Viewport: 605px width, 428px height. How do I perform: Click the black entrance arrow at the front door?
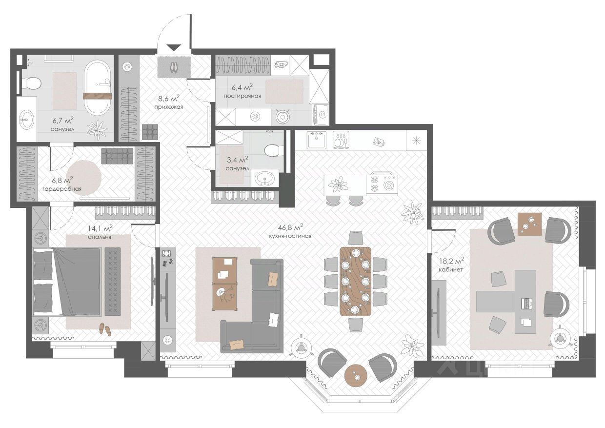pyautogui.click(x=174, y=48)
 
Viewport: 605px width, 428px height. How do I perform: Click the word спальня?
pyautogui.click(x=100, y=237)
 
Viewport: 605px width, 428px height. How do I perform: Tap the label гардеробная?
pyautogui.click(x=62, y=189)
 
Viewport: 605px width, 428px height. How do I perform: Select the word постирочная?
pyautogui.click(x=242, y=96)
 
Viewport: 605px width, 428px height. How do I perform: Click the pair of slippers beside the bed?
pyautogui.click(x=105, y=329)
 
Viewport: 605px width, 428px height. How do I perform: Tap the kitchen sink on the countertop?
pyautogui.click(x=317, y=140)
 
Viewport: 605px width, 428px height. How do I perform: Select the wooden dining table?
pyautogui.click(x=355, y=281)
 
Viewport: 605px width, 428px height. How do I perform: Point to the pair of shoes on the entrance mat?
pyautogui.click(x=174, y=67)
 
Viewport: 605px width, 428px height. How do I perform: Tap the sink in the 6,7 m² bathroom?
pyautogui.click(x=27, y=120)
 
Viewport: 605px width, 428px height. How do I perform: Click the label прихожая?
pyautogui.click(x=168, y=107)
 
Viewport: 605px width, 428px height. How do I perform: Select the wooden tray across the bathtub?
pyautogui.click(x=97, y=97)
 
